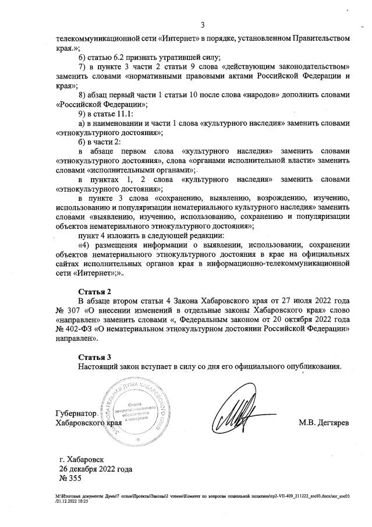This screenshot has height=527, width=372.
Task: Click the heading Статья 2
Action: click(94, 291)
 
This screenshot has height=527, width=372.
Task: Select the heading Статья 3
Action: click(94, 356)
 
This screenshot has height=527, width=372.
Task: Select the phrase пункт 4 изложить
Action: click(108, 236)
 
